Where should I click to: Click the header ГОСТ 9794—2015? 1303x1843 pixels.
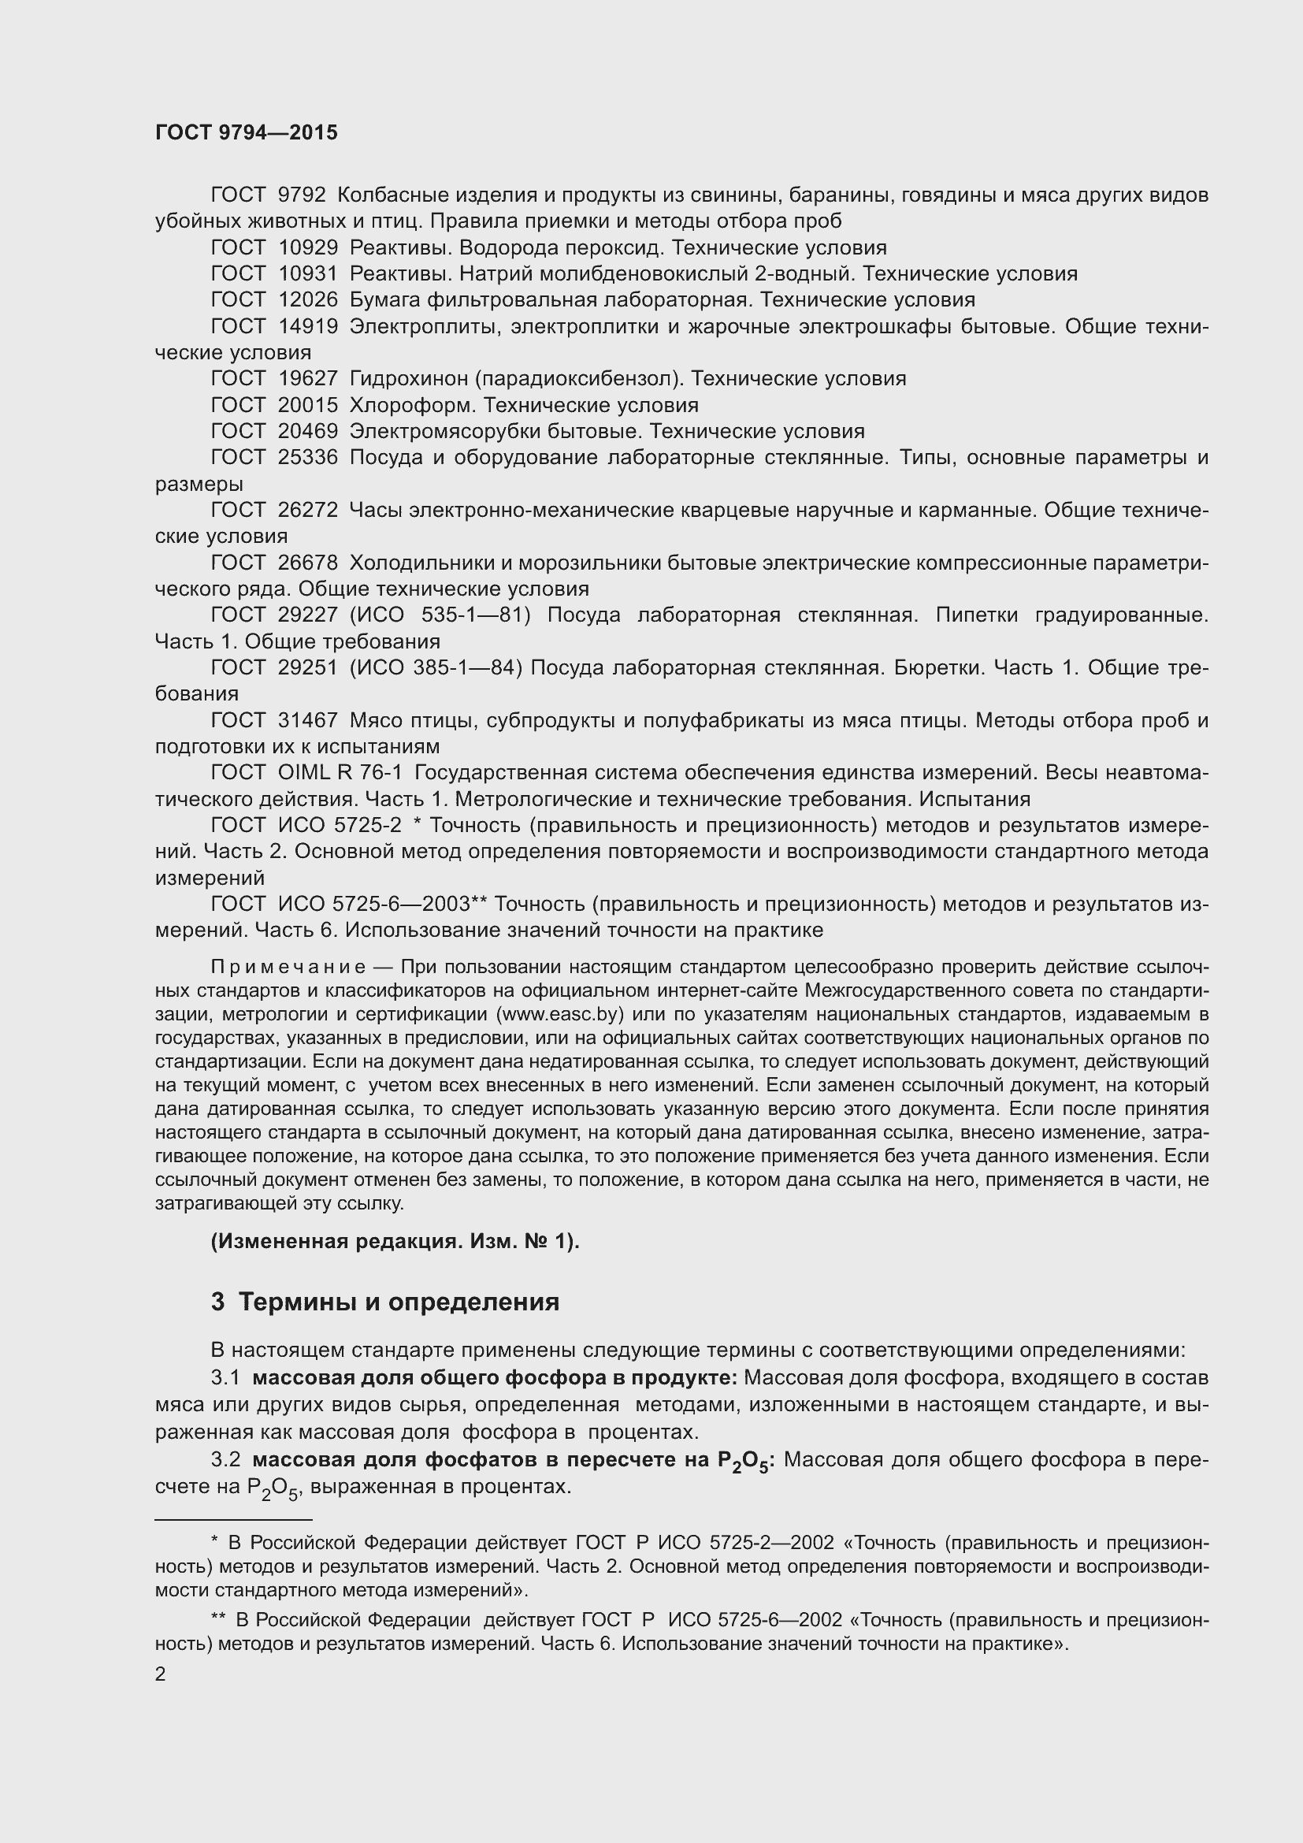(x=247, y=133)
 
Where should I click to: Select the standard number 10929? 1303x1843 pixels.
(x=307, y=248)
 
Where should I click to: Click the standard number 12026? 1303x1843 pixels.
(x=307, y=300)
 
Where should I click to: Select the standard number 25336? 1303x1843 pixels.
(x=307, y=458)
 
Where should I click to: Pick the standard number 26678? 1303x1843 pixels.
(x=307, y=563)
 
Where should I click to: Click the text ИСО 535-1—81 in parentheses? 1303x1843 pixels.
(x=440, y=615)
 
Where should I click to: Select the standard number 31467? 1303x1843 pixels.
(x=307, y=721)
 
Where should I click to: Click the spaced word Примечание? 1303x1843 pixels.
(x=288, y=967)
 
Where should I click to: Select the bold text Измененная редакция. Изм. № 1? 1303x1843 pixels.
(x=394, y=1241)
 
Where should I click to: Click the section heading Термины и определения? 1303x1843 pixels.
(x=399, y=1301)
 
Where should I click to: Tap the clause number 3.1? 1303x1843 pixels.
(x=225, y=1377)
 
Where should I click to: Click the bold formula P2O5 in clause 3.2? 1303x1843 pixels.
(x=744, y=1461)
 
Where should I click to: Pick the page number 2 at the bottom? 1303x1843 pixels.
(x=161, y=1674)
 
